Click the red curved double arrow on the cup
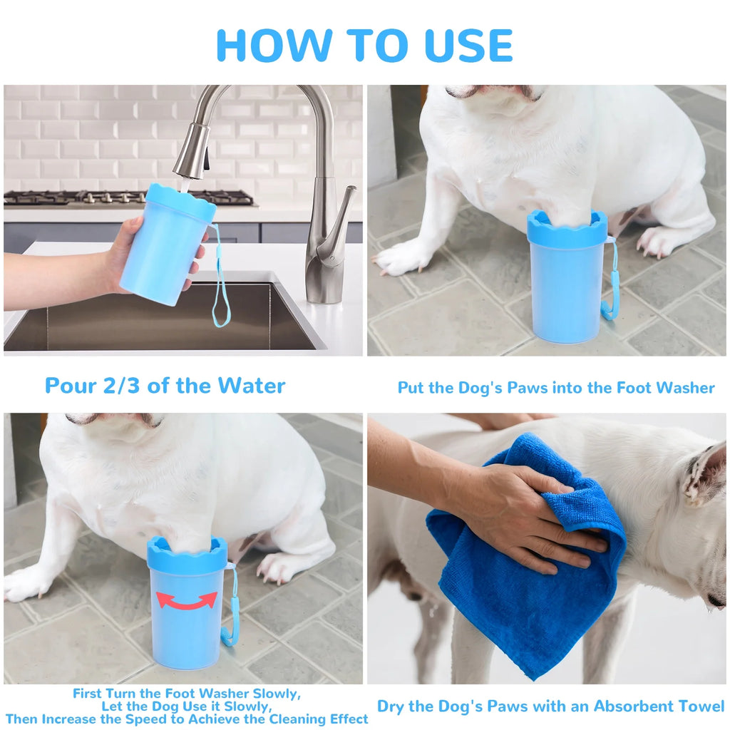(x=187, y=601)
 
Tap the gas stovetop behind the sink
(x=128, y=197)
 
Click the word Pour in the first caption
(x=70, y=386)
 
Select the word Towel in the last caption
(x=700, y=706)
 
